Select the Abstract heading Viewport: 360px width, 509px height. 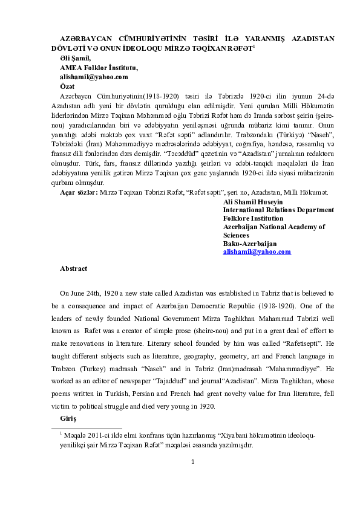[73, 268]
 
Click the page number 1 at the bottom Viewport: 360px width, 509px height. [192, 462]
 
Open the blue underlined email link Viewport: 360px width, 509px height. [257, 251]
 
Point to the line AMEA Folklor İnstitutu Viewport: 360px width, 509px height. [94, 67]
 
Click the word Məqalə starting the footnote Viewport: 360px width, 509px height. [76, 435]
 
